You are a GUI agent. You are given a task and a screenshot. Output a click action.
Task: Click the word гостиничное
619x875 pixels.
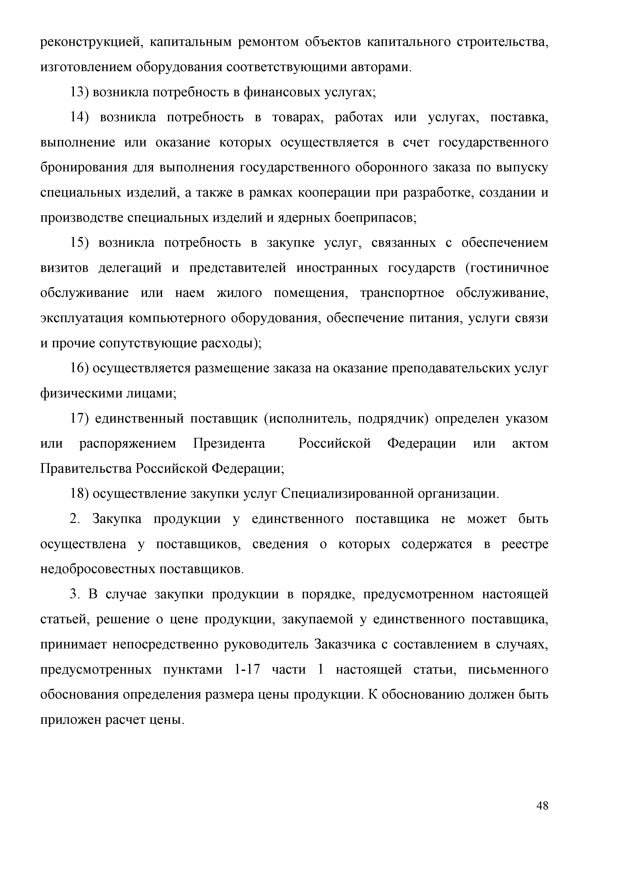pyautogui.click(x=507, y=268)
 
